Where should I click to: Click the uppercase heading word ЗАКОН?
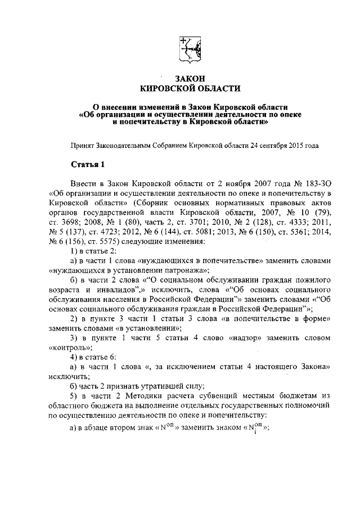coord(190,78)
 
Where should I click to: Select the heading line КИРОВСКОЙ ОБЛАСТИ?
coord(190,88)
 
